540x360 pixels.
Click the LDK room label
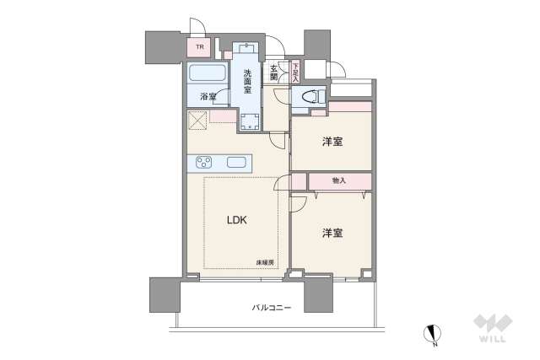[x=237, y=222]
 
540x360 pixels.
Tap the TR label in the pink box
[x=200, y=48]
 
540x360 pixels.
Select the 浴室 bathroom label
[x=208, y=96]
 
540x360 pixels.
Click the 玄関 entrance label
[x=274, y=73]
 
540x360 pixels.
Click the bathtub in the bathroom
[x=207, y=73]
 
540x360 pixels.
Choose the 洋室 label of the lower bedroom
[x=332, y=232]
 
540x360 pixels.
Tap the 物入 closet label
[x=338, y=180]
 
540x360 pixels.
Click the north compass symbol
[x=433, y=335]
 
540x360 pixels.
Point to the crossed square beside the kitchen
[x=198, y=121]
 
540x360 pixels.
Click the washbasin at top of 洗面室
[x=248, y=49]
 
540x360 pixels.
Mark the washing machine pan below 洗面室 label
[x=250, y=121]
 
